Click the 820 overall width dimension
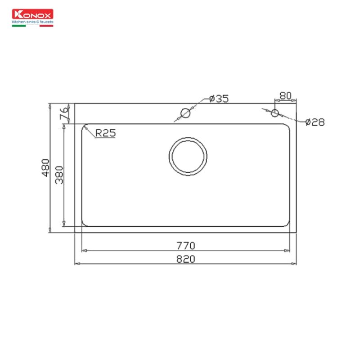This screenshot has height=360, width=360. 185,259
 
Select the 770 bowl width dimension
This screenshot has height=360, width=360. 185,246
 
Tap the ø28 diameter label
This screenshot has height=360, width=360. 315,122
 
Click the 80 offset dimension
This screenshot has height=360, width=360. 285,95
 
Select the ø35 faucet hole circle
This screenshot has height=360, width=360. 185,113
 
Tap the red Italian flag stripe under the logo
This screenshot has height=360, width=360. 46,26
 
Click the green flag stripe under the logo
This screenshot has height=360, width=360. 18,26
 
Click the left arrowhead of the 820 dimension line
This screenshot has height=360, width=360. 76,264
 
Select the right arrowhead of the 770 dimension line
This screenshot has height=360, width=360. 288,251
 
